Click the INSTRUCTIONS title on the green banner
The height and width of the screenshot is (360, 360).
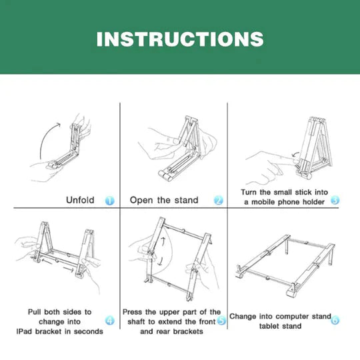179,38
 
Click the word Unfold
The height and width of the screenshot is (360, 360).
79,200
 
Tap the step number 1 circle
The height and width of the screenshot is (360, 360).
109,200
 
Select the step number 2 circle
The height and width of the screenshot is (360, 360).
218,200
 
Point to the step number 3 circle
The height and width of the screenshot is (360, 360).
335,199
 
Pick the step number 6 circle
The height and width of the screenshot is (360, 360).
335,319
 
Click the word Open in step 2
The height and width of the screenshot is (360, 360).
141,200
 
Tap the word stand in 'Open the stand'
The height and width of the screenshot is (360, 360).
185,200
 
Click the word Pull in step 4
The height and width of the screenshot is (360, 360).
37,312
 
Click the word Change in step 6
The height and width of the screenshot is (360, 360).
244,316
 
